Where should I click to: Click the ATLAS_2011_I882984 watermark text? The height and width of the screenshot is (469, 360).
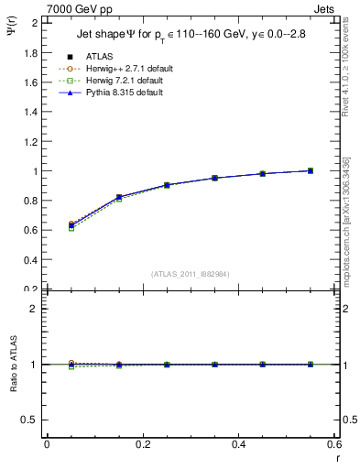[190, 274]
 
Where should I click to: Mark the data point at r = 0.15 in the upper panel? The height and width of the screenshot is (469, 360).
[118, 197]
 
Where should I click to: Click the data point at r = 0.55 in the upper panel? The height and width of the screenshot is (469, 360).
[311, 170]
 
